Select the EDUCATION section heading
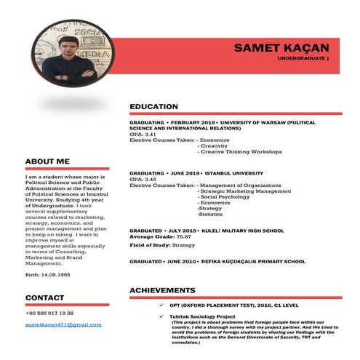coord(153,107)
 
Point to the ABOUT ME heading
coord(47,161)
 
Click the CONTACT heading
coord(45,297)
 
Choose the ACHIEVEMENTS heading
coord(162,290)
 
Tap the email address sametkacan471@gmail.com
coord(63,324)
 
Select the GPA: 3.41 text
coord(143,135)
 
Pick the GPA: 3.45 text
coord(143,180)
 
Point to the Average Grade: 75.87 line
coord(160,236)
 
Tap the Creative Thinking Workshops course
coord(240,152)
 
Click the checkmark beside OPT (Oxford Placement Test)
coord(161,305)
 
